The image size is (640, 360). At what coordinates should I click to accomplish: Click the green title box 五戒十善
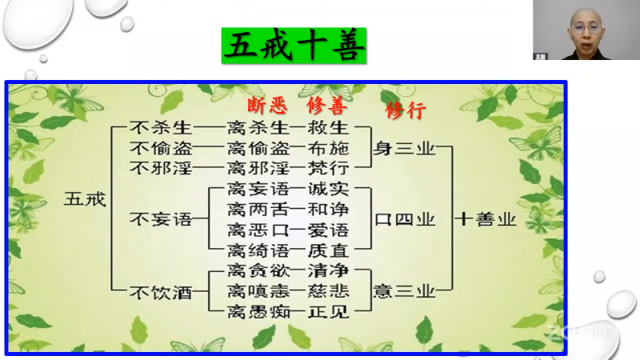tap(294, 46)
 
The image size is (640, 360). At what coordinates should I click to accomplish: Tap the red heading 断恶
tap(267, 106)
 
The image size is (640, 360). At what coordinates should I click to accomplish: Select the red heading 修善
tap(327, 106)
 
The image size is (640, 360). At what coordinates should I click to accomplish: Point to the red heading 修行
tap(406, 110)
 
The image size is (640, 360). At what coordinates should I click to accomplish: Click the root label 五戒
tap(85, 199)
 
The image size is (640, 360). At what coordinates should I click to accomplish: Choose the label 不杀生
tap(161, 128)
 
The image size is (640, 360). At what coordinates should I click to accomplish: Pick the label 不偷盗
tap(161, 148)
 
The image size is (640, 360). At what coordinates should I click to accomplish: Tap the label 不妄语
tap(161, 219)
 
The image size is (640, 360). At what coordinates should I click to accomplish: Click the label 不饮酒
tap(161, 292)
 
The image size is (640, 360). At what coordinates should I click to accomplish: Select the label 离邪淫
tap(258, 168)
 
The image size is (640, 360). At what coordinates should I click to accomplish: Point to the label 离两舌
tap(258, 210)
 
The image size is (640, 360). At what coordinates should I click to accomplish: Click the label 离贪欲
tap(258, 270)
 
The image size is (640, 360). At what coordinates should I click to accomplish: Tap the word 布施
tap(329, 148)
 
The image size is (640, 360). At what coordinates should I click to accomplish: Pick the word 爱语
tap(329, 230)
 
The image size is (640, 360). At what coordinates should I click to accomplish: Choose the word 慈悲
tap(329, 290)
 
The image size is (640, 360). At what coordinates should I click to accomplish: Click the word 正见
tap(329, 312)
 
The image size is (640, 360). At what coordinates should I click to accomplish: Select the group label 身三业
tap(404, 148)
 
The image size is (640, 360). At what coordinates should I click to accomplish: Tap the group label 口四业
tap(405, 219)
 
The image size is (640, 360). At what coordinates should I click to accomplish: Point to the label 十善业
tap(486, 219)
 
